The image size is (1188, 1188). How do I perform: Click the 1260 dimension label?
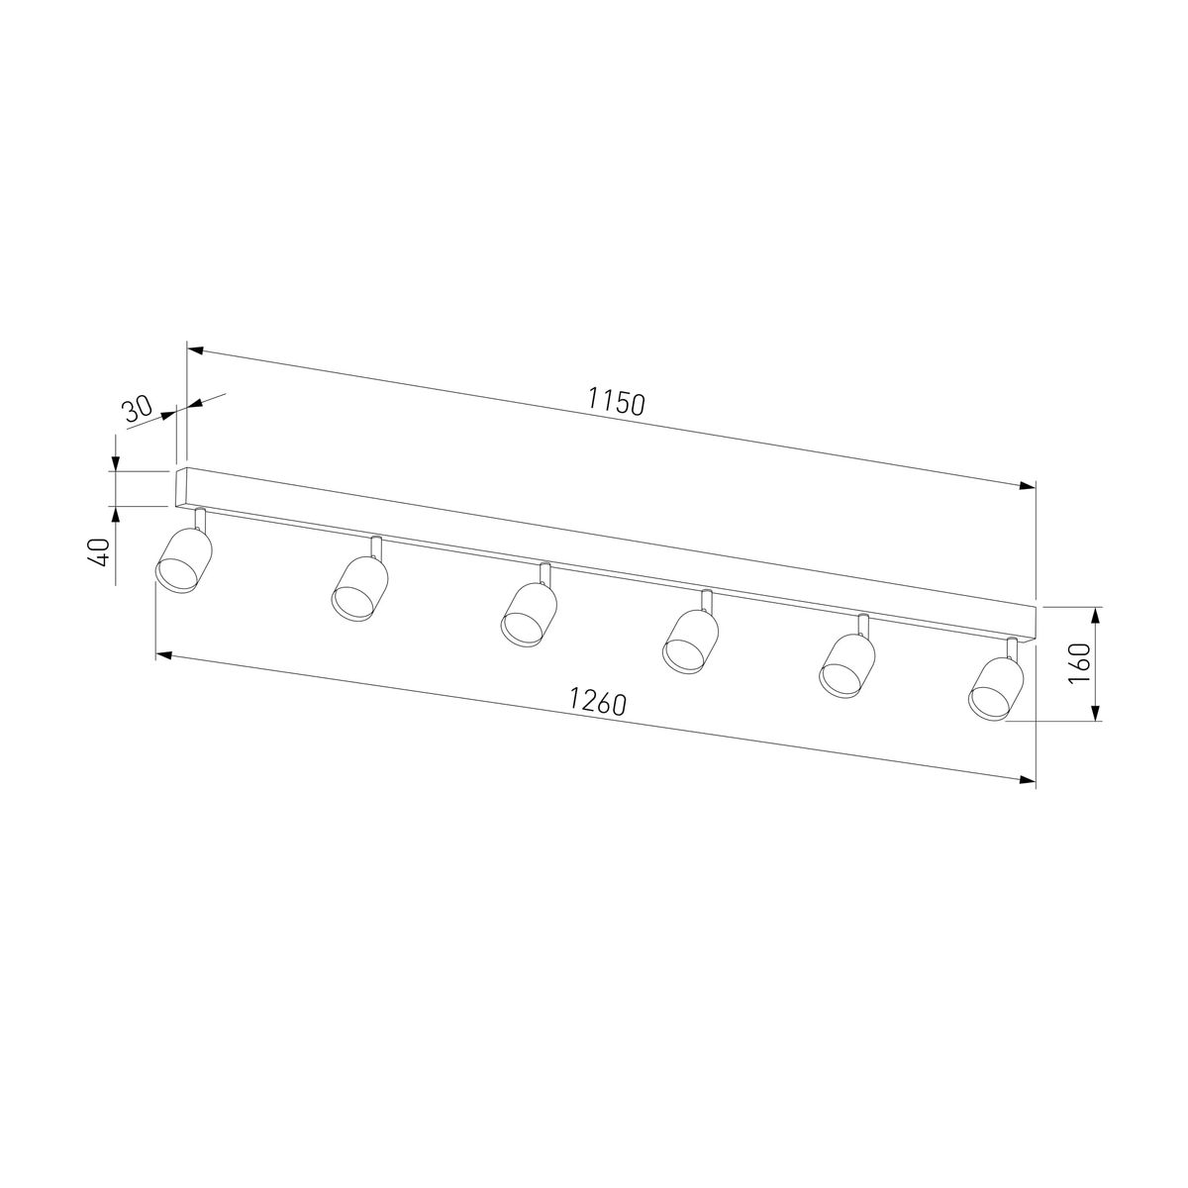(597, 702)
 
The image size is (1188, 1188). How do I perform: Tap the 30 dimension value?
(138, 409)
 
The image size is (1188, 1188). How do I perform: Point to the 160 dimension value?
(1079, 662)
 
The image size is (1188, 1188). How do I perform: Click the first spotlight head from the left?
(183, 559)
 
